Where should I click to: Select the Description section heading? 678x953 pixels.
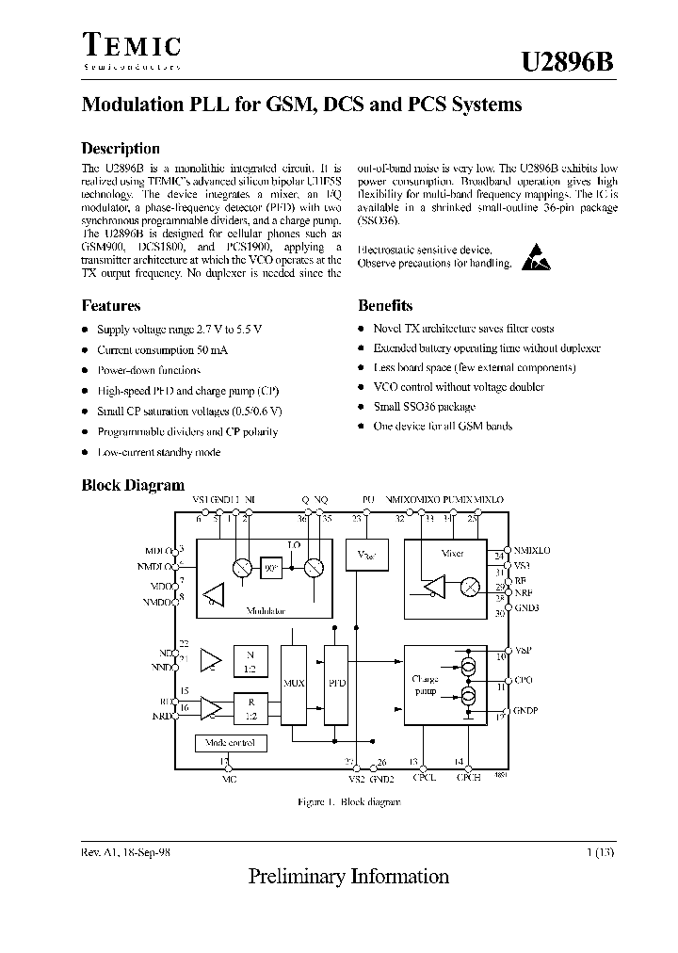(121, 148)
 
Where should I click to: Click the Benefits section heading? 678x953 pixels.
(385, 305)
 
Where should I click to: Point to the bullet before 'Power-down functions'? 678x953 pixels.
(85, 370)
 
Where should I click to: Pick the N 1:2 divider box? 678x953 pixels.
(250, 659)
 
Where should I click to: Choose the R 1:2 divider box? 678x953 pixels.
(250, 707)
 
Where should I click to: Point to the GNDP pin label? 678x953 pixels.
(526, 711)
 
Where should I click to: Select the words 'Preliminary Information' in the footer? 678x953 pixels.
(348, 877)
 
